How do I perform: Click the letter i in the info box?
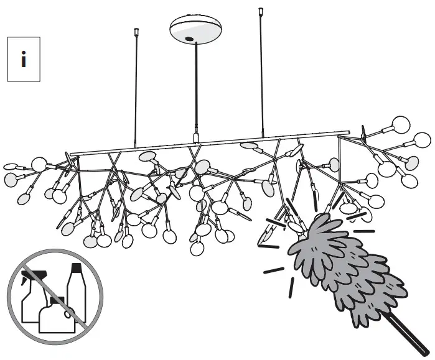pyautogui.click(x=24, y=60)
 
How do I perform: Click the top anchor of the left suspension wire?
pyautogui.click(x=136, y=32)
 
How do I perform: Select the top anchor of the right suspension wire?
pyautogui.click(x=260, y=12)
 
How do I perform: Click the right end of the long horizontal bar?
pyautogui.click(x=347, y=132)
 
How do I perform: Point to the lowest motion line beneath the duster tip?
pyautogui.click(x=292, y=288)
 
